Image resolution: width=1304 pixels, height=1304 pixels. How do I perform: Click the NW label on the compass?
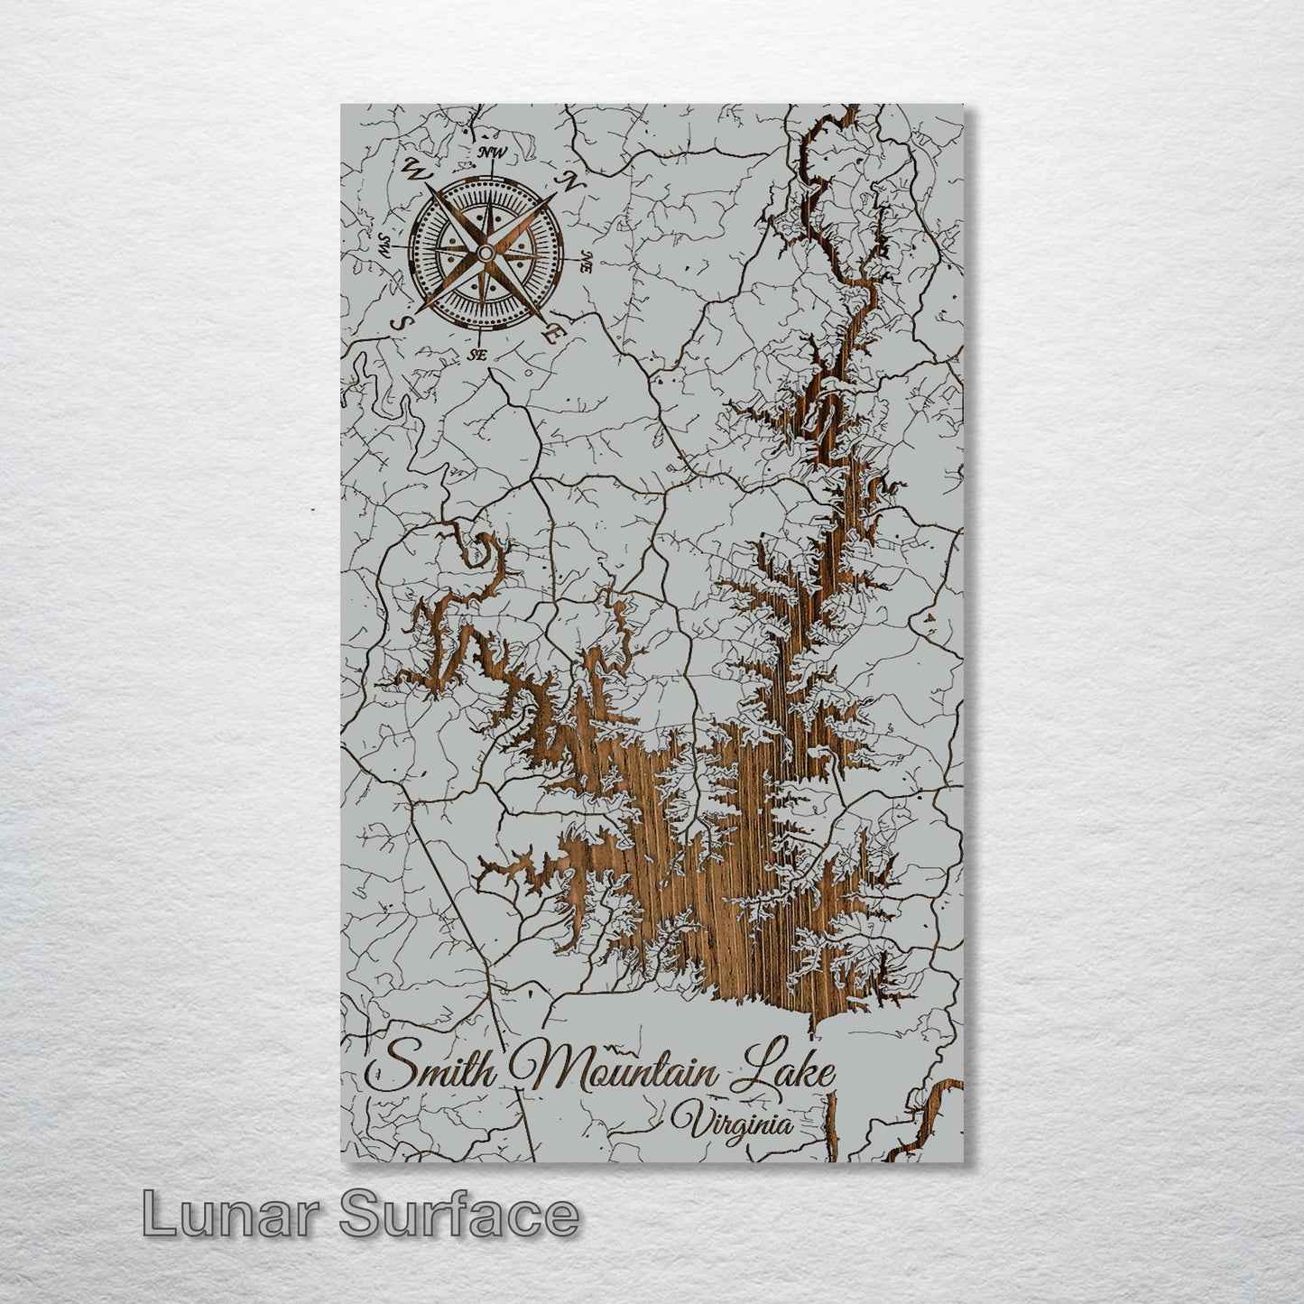pyautogui.click(x=492, y=153)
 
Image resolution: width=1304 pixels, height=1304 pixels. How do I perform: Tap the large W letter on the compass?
pyautogui.click(x=417, y=168)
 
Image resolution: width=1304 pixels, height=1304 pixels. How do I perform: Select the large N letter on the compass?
pyautogui.click(x=571, y=181)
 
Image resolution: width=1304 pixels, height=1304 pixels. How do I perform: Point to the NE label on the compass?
pyautogui.click(x=586, y=264)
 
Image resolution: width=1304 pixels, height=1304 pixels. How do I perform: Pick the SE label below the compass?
pyautogui.click(x=477, y=356)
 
